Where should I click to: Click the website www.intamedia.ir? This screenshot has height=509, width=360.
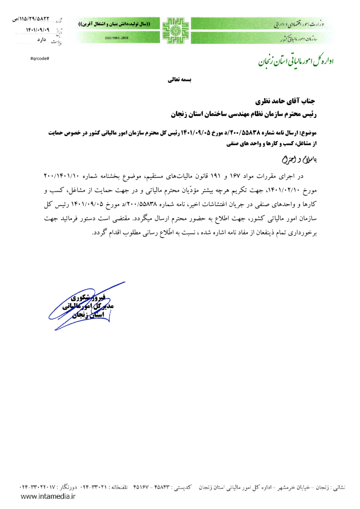point(48,495)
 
